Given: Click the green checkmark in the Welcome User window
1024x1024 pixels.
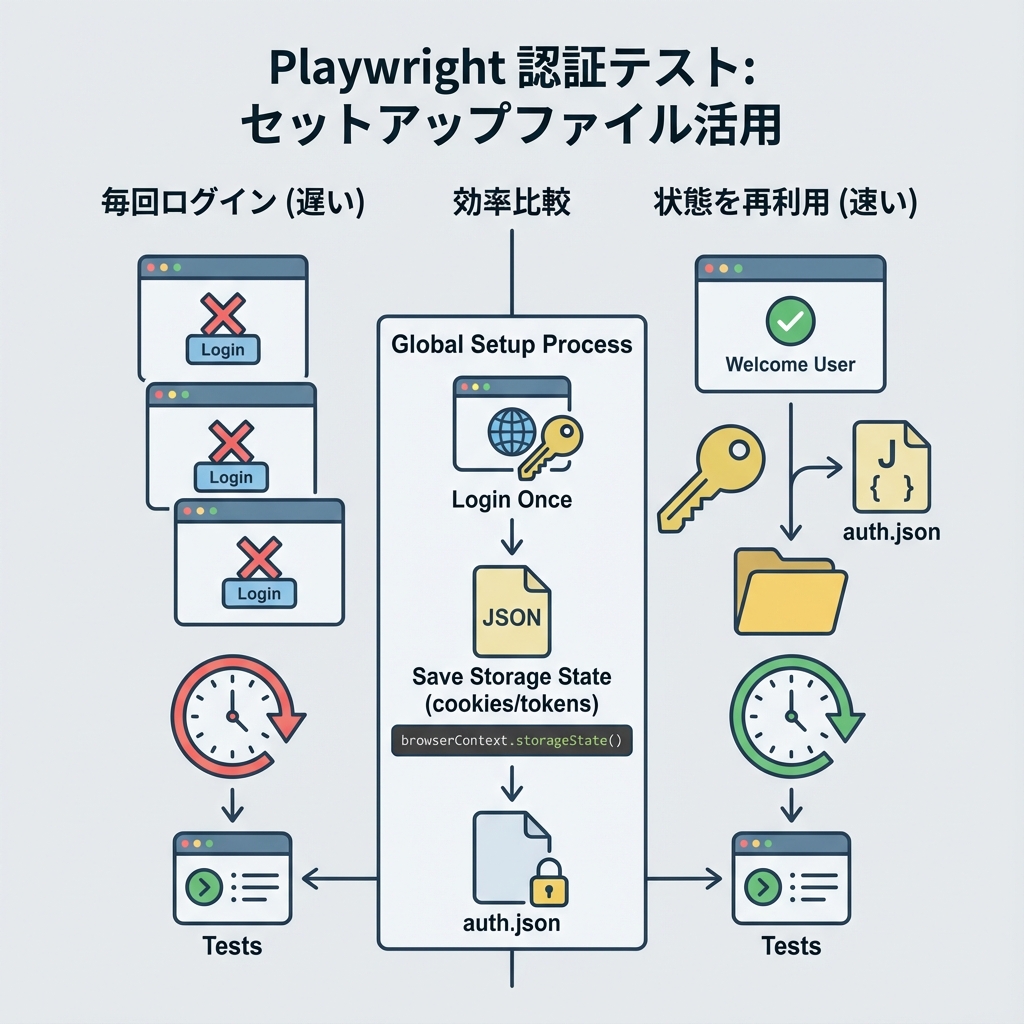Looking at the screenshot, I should pos(790,321).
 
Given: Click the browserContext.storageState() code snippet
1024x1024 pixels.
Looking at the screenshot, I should pos(511,741).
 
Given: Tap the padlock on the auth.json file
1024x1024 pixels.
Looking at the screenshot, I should pos(546,880).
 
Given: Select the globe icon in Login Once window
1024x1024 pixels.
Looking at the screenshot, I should pos(510,431).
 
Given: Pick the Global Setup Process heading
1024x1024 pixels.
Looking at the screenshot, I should pos(511,345).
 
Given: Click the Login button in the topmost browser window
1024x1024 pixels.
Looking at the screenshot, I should pos(222,349).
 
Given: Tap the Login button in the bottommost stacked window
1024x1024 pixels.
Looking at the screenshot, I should pos(259,593).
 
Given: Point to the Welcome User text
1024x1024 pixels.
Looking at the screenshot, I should pos(790,364).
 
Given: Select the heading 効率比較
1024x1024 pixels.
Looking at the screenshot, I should pos(511,203).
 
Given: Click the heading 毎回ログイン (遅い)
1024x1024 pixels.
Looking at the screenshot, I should pos(233,203).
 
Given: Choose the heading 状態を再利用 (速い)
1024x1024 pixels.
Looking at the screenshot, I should pos(785,203).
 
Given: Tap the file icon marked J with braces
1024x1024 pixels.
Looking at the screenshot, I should pos(890,466).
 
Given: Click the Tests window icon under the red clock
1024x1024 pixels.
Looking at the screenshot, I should pos(232,878).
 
